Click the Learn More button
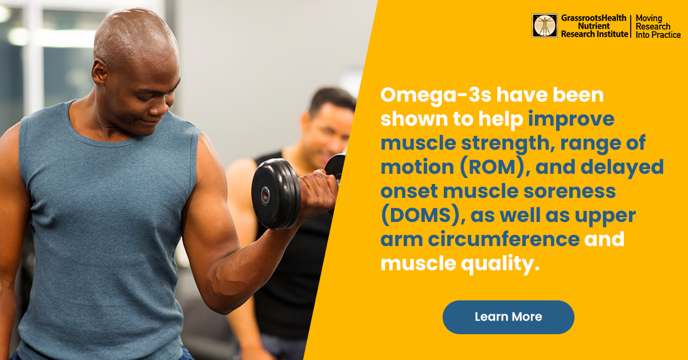(x=509, y=317)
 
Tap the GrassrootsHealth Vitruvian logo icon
(x=545, y=25)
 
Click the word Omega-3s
(x=436, y=95)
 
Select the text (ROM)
(x=492, y=167)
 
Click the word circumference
(x=504, y=239)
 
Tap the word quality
(x=500, y=264)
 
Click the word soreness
(x=569, y=191)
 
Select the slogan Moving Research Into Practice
(x=658, y=26)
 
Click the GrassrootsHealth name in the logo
(x=593, y=18)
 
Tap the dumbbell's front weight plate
(x=275, y=194)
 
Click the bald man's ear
(x=99, y=73)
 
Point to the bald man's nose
(x=167, y=103)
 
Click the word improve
(x=571, y=119)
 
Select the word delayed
(x=622, y=167)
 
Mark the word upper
(x=605, y=216)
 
